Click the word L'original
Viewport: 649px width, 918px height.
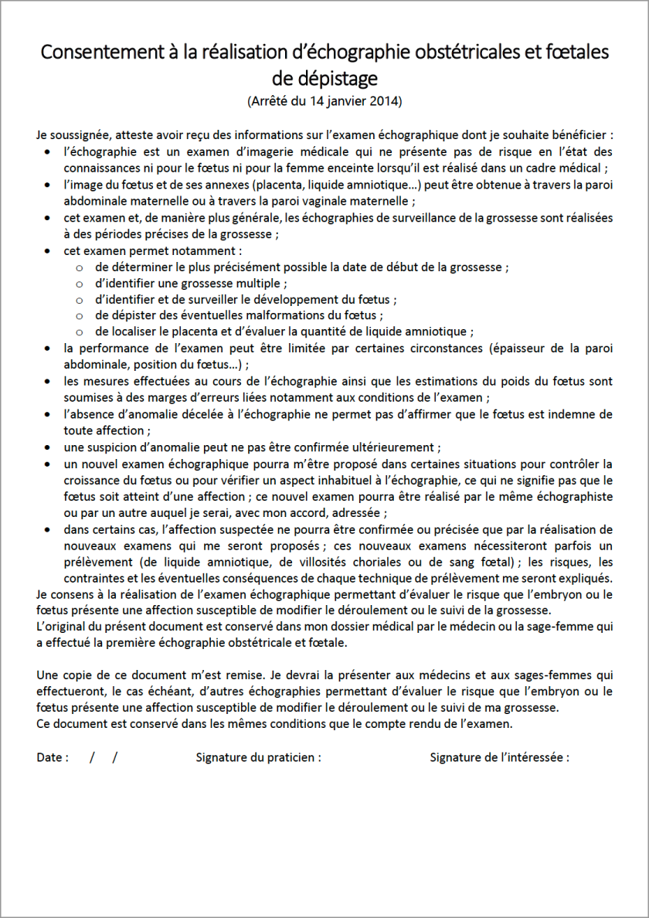[x=63, y=627]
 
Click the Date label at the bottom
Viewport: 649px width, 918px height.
[x=51, y=757]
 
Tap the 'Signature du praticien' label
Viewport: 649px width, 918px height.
[x=258, y=757]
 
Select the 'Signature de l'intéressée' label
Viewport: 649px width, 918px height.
[x=499, y=757]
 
